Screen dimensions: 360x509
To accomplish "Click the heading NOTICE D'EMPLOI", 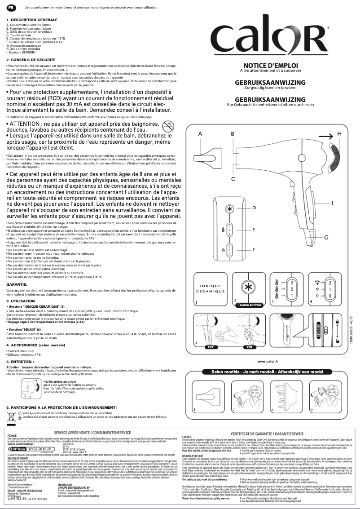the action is click(x=270, y=65).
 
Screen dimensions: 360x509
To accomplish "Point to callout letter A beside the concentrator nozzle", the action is click(x=200, y=134).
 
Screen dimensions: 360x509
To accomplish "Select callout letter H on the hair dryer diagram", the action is click(x=339, y=134).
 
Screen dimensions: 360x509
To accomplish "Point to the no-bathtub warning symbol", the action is click(x=167, y=125).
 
